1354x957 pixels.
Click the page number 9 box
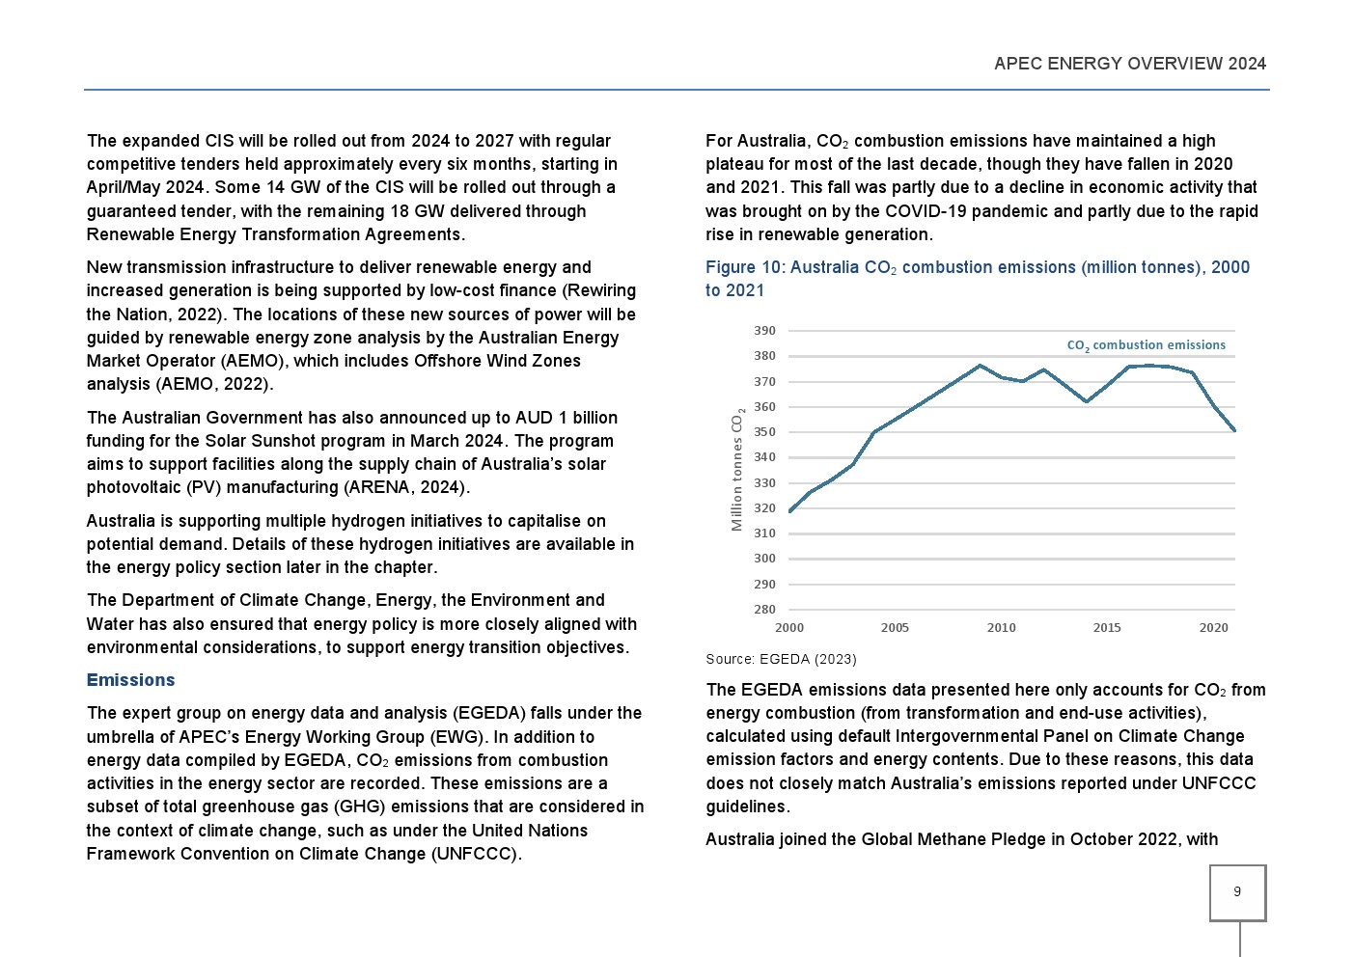point(1237,892)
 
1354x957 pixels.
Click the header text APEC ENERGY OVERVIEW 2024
point(1129,64)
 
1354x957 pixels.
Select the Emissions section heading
point(130,680)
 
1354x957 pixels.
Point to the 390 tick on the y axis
point(764,331)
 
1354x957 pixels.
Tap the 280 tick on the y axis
point(764,610)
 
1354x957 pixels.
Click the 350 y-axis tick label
point(764,432)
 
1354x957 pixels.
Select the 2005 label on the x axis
point(895,628)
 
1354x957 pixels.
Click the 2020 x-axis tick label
point(1213,628)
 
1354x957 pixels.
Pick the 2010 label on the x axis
point(1001,628)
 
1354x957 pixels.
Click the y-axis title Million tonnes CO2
point(737,470)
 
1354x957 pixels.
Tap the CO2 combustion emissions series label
point(1146,345)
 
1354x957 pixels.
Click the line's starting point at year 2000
point(790,511)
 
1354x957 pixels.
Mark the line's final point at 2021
point(1234,430)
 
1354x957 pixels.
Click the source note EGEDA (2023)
point(781,659)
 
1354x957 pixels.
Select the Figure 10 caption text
point(977,279)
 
